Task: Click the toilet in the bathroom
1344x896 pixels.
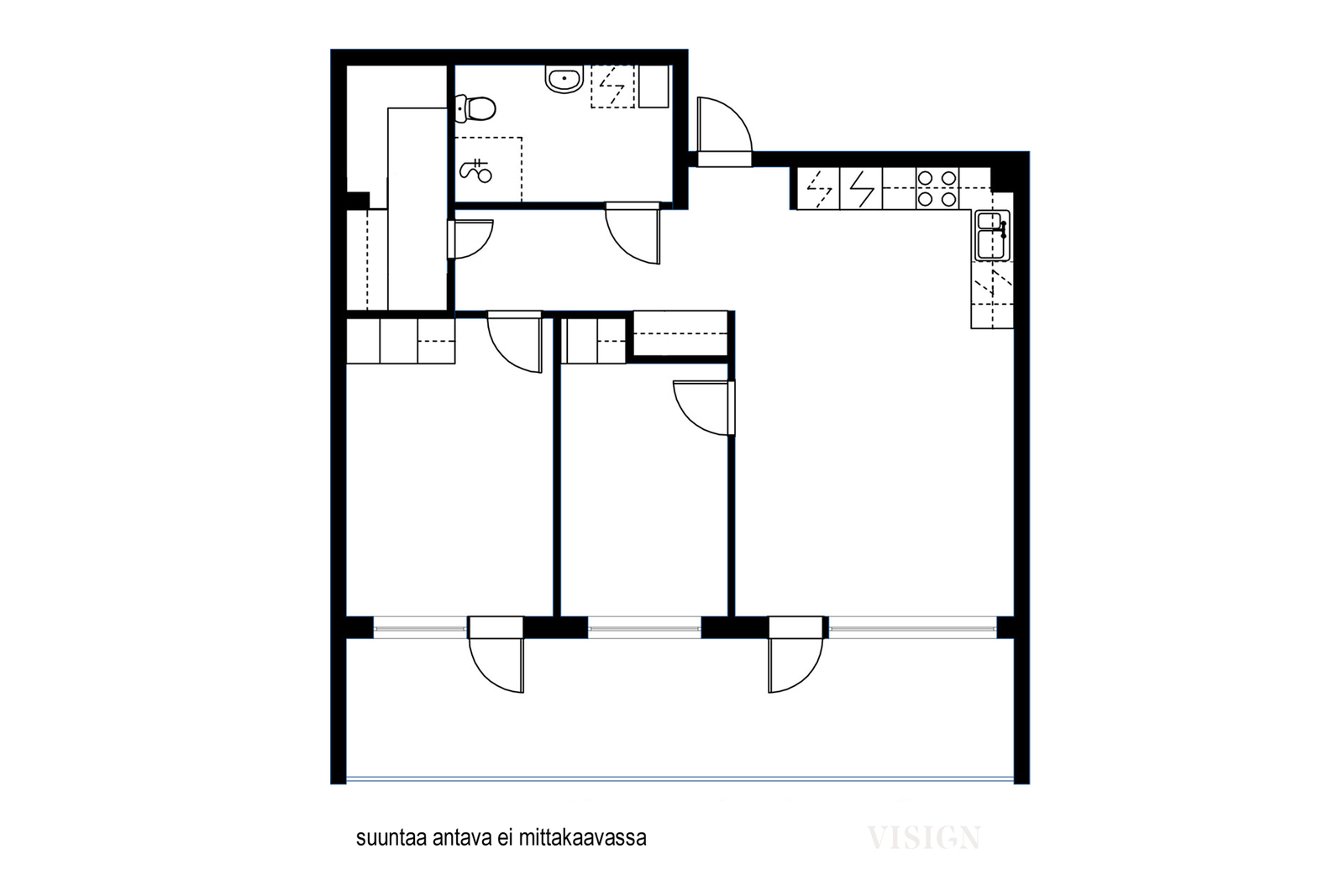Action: coord(475,108)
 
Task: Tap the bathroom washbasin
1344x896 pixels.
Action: coord(564,79)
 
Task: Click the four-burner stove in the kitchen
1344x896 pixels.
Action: coord(937,189)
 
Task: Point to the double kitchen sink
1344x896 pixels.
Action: coord(992,235)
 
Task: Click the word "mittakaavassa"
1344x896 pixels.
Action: coord(582,838)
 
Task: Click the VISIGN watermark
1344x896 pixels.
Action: coord(923,837)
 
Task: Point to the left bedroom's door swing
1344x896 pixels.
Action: coord(515,342)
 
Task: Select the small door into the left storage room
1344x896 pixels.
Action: coord(470,239)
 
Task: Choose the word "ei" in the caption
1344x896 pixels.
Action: coord(505,838)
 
